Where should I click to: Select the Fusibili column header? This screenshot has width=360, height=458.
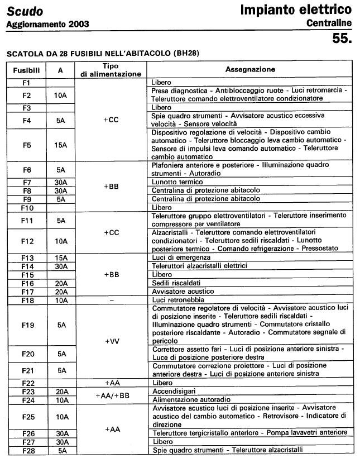pos(27,70)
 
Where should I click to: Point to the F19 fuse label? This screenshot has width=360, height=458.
pos(27,325)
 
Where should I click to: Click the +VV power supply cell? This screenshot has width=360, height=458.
pos(112,341)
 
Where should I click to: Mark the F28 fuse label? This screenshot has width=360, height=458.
pos(27,450)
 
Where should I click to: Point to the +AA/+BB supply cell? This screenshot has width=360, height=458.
pos(112,395)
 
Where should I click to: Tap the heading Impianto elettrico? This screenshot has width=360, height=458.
pos(296,9)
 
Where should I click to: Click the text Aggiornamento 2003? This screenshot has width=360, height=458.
pos(47,25)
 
